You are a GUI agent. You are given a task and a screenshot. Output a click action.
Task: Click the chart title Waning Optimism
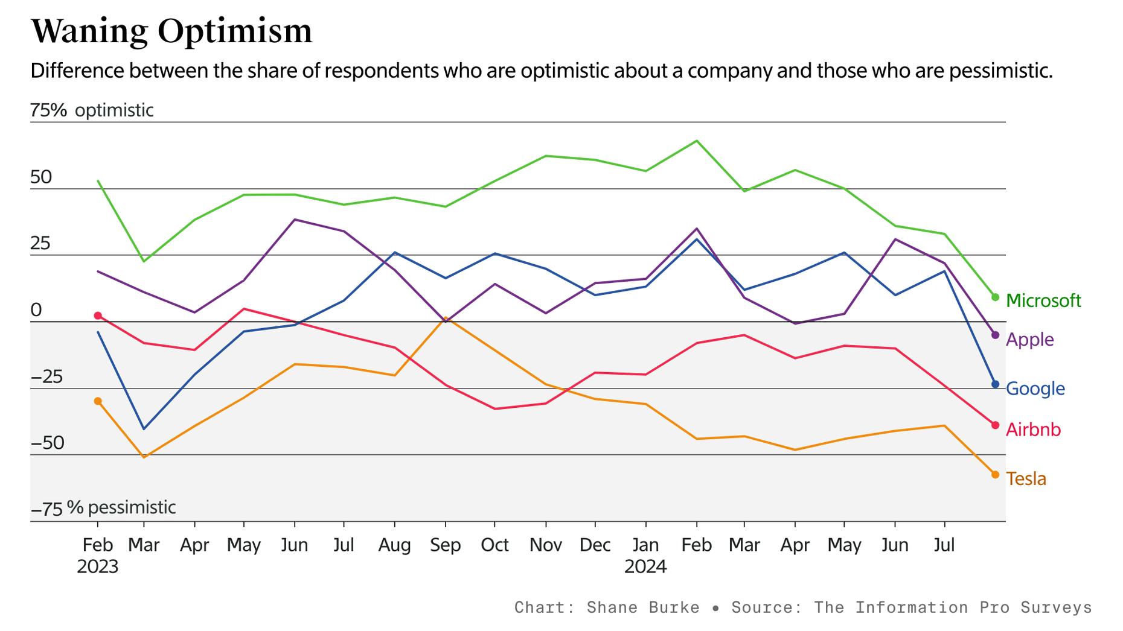[x=171, y=31]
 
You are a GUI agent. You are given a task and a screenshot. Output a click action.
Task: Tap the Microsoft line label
[x=1043, y=300]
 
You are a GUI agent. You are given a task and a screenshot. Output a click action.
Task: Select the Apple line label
[x=1029, y=340]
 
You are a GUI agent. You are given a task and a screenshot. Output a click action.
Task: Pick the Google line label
[x=1035, y=388]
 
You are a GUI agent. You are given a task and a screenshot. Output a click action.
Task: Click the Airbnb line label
[x=1032, y=430]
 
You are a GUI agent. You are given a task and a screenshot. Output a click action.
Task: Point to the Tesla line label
[x=1026, y=479]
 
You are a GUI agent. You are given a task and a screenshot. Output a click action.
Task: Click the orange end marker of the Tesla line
[x=995, y=475]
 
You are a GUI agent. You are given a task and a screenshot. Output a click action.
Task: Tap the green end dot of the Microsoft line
[x=995, y=297]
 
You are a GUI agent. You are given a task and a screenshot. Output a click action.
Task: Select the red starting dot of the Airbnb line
[x=98, y=316]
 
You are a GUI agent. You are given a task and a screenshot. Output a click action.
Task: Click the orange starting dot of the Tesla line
[x=98, y=401]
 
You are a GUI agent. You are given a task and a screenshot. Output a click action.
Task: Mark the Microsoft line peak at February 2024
[x=697, y=141]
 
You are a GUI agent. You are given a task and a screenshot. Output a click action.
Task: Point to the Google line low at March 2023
[x=144, y=429]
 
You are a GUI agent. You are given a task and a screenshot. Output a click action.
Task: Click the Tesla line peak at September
[x=446, y=317]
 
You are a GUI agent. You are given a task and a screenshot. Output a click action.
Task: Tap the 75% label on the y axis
[x=48, y=110]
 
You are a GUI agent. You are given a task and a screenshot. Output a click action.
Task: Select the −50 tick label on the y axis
[x=47, y=443]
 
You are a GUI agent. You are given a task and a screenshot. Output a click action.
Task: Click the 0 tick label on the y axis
[x=36, y=310]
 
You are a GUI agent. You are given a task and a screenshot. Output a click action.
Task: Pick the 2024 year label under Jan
[x=645, y=567]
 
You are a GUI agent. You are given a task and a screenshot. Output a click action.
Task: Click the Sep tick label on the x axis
[x=445, y=545]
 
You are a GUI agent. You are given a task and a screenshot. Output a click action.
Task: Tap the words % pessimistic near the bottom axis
[x=121, y=507]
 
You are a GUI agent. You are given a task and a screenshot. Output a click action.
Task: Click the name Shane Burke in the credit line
[x=642, y=607]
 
